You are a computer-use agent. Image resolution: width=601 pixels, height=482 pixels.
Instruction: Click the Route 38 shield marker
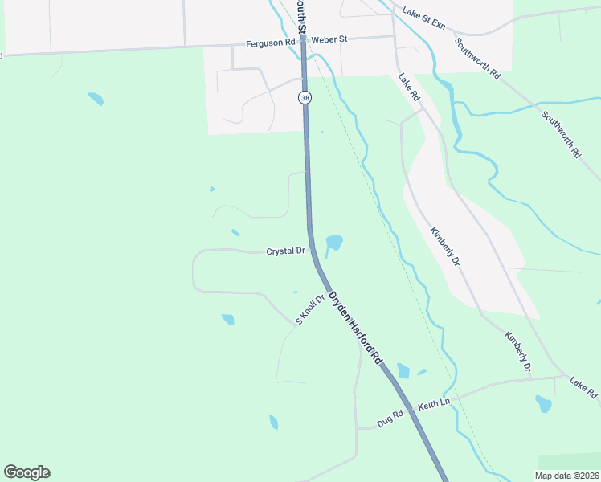click(305, 97)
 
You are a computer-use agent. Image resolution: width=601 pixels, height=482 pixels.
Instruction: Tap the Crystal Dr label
click(285, 251)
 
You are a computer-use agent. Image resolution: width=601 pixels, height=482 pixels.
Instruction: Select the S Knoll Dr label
click(309, 309)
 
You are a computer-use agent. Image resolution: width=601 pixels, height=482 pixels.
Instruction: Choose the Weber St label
click(329, 39)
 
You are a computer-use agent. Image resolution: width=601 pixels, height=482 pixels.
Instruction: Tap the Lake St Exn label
click(423, 18)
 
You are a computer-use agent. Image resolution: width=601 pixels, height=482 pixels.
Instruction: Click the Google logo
click(27, 472)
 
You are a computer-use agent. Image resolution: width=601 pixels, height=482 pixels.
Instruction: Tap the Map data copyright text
click(567, 476)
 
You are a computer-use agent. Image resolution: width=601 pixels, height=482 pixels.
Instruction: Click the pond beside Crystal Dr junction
click(334, 242)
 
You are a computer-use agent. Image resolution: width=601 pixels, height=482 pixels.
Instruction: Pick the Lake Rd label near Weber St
click(410, 87)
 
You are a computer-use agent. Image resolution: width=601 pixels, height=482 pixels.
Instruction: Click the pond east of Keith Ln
click(544, 403)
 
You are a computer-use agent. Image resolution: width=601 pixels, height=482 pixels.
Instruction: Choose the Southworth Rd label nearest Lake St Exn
click(476, 58)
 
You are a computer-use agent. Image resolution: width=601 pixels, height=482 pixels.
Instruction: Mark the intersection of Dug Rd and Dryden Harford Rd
click(410, 409)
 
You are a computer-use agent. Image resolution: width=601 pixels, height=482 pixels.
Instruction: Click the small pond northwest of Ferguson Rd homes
click(96, 100)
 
